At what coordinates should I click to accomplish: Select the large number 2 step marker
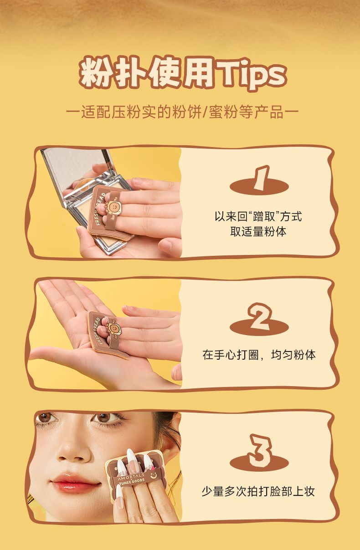point(260,316)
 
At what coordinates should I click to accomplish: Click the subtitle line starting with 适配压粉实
point(182,112)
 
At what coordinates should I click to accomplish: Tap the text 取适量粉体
point(258,231)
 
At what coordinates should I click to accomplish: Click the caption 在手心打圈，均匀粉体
point(259,355)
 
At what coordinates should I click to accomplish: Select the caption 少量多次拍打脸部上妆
point(258,491)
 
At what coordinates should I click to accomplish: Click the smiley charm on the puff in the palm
point(114,327)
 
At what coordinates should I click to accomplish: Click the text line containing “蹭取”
point(258,216)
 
